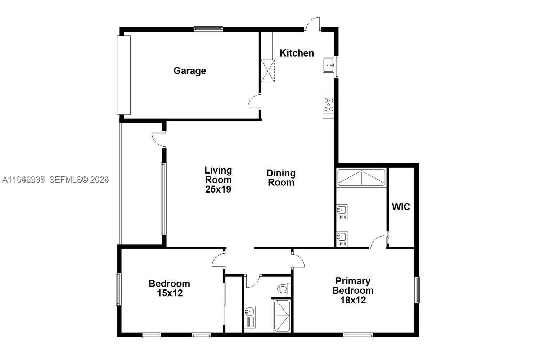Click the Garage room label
click(x=190, y=71)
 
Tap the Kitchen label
click(x=297, y=53)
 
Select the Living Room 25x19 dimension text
click(x=218, y=189)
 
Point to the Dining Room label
click(x=281, y=177)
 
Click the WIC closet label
click(x=401, y=207)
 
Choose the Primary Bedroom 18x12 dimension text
click(x=353, y=300)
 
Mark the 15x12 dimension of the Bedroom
click(x=170, y=293)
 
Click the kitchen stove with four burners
click(x=328, y=104)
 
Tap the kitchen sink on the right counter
click(x=329, y=65)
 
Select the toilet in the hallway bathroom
click(x=284, y=288)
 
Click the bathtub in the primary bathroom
click(x=361, y=177)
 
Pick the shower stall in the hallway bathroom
click(x=282, y=316)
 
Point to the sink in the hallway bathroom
click(x=249, y=312)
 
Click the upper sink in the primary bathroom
click(x=342, y=210)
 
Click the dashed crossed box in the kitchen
click(x=268, y=71)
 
